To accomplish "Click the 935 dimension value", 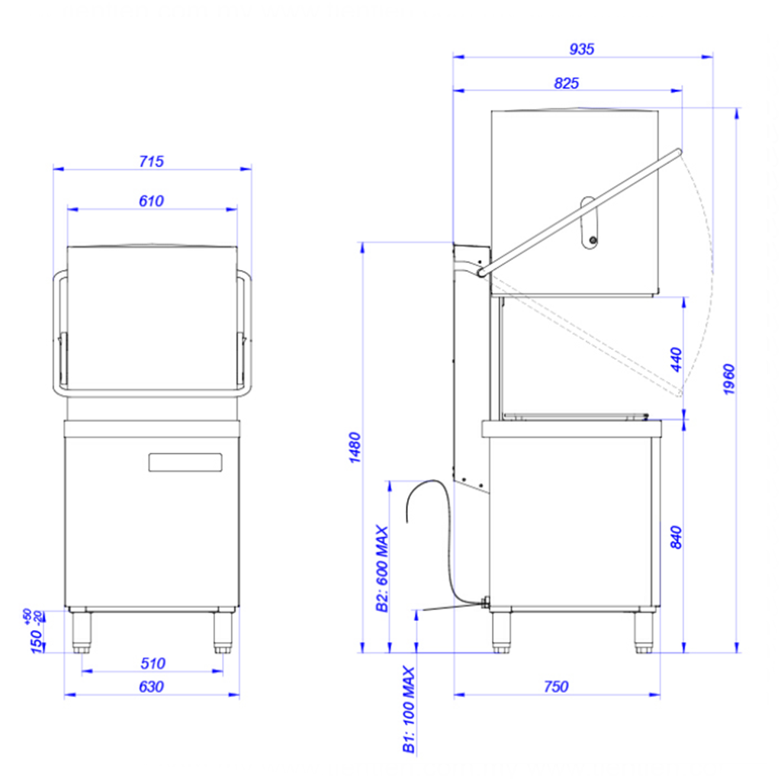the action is click(x=581, y=49).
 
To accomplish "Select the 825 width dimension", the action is click(x=567, y=83).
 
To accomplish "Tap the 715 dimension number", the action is click(x=151, y=162).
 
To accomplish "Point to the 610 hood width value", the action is click(x=151, y=201).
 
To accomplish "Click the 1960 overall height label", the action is click(x=729, y=380).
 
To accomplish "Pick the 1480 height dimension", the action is click(x=355, y=448).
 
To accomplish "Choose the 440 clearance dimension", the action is click(x=677, y=359).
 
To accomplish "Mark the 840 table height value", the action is click(x=676, y=538).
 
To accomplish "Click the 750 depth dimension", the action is click(x=555, y=687).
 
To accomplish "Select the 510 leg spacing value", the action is click(x=153, y=664).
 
